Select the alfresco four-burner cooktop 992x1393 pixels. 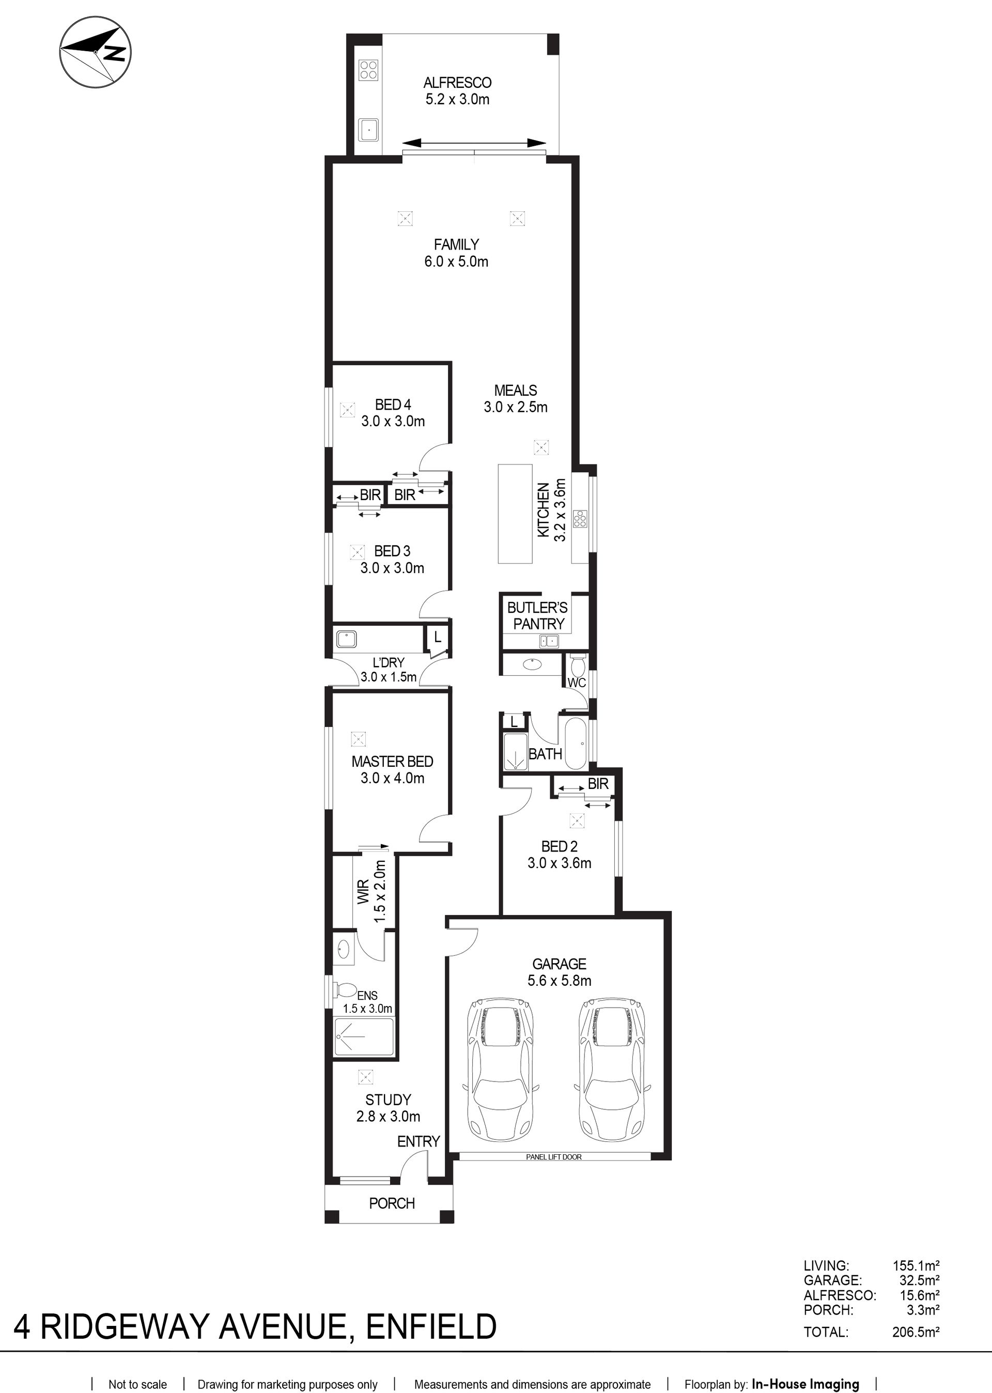click(x=368, y=70)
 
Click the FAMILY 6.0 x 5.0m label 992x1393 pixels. click(x=456, y=253)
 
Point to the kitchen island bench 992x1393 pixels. click(x=515, y=513)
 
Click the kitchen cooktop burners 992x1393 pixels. click(x=580, y=518)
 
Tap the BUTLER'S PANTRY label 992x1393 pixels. click(x=537, y=615)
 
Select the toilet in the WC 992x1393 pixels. click(x=577, y=663)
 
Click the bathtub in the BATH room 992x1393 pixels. click(x=575, y=743)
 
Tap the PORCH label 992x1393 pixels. click(x=392, y=1203)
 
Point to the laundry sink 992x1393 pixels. click(x=346, y=639)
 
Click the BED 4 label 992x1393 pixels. click(x=393, y=404)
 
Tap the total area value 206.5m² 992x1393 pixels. click(x=916, y=1332)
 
